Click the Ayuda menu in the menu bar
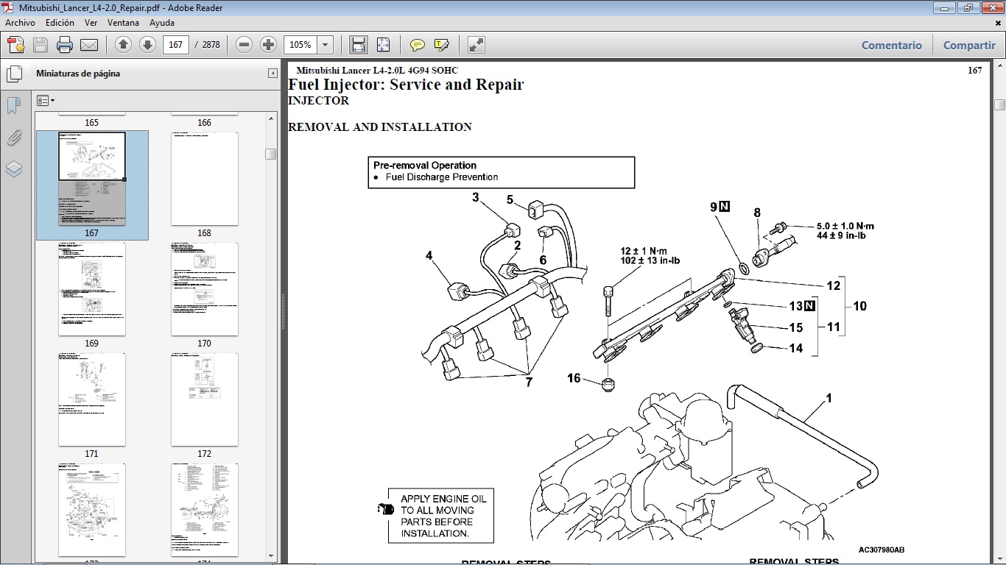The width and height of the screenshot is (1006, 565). tap(161, 23)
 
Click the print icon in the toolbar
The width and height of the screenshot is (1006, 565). tap(65, 45)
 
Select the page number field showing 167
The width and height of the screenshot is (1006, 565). tap(175, 45)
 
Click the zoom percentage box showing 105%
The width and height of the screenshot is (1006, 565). tap(300, 45)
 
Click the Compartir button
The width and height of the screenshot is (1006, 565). tap(968, 45)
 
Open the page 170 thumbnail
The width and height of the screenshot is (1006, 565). tap(204, 289)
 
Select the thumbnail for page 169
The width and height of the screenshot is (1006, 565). tap(91, 289)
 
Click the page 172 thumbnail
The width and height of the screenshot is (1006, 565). tap(204, 399)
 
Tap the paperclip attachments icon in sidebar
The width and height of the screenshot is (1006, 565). tap(14, 138)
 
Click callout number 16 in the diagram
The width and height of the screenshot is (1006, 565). tap(574, 378)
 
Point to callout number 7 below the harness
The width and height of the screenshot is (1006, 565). tap(528, 383)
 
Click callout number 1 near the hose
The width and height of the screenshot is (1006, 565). tap(829, 398)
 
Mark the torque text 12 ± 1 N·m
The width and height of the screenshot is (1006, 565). tap(644, 251)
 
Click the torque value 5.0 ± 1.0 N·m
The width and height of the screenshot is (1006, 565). tap(845, 226)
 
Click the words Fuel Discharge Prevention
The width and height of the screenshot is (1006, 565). tap(442, 177)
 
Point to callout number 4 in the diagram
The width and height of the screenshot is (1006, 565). tap(429, 256)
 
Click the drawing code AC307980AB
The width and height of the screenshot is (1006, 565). tap(881, 550)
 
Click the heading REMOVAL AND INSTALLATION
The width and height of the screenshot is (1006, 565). tap(379, 127)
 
